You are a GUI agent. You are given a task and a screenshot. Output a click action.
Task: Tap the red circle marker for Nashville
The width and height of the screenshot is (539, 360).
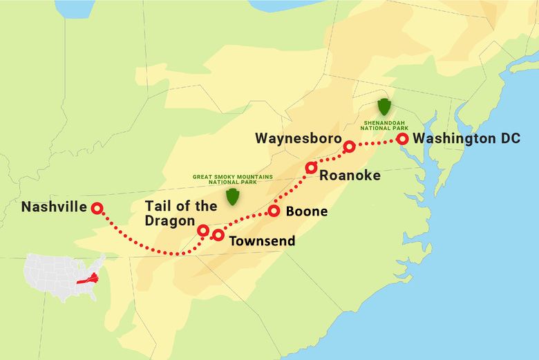coord(97,207)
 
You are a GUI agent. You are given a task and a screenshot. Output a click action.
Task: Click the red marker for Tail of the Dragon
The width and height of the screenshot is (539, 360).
coord(203,230)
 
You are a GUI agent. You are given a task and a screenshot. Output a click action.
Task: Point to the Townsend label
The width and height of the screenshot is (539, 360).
coord(262,241)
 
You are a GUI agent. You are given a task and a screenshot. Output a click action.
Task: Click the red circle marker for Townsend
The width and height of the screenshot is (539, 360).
coord(218,235)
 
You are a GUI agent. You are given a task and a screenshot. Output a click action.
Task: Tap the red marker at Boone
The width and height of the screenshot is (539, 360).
coord(273,211)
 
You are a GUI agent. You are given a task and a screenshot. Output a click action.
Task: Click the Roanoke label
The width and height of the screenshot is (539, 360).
coord(350,176)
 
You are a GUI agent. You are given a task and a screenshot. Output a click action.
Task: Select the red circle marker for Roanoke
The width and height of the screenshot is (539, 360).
coord(311,167)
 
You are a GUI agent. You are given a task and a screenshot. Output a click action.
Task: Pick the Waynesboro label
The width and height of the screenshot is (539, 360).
coord(298,138)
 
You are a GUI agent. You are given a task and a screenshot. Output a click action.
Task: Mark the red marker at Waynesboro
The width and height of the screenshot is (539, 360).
coord(350,146)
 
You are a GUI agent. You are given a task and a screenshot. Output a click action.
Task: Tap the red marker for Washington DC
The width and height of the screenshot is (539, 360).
coord(402,139)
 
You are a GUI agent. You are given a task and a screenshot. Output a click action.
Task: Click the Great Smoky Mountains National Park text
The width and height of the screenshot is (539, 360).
coord(233,179)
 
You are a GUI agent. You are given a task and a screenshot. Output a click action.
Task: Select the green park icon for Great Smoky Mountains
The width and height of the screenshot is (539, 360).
coord(233,196)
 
